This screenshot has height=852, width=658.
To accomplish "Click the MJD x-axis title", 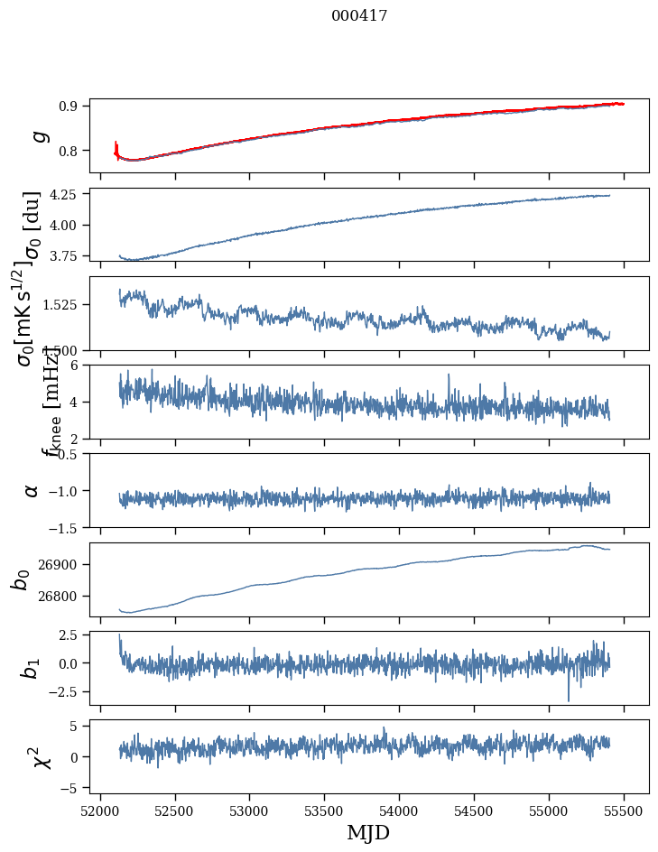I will pos(368,833).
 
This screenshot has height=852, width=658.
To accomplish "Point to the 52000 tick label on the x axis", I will pos(100,811).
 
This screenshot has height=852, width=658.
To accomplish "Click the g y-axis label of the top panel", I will pos(38,135).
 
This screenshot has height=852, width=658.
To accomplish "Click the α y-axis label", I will pos(32,490).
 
